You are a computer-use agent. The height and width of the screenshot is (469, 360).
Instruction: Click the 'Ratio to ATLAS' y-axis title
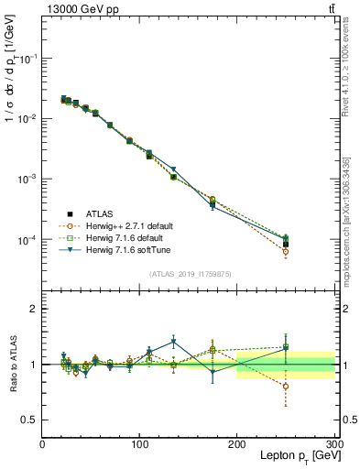pyautogui.click(x=13, y=365)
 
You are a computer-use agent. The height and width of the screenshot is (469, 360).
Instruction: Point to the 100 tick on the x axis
pyautogui.click(x=140, y=445)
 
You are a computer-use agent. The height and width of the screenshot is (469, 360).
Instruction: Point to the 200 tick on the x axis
pyautogui.click(x=237, y=445)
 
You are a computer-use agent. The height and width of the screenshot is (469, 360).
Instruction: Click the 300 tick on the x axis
pyautogui.click(x=333, y=445)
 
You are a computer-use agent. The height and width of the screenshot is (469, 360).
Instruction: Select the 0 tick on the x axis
pyautogui.click(x=43, y=445)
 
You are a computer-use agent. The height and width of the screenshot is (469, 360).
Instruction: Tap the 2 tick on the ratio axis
pyautogui.click(x=34, y=309)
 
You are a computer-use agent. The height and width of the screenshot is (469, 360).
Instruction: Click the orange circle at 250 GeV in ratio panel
pyautogui.click(x=286, y=386)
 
